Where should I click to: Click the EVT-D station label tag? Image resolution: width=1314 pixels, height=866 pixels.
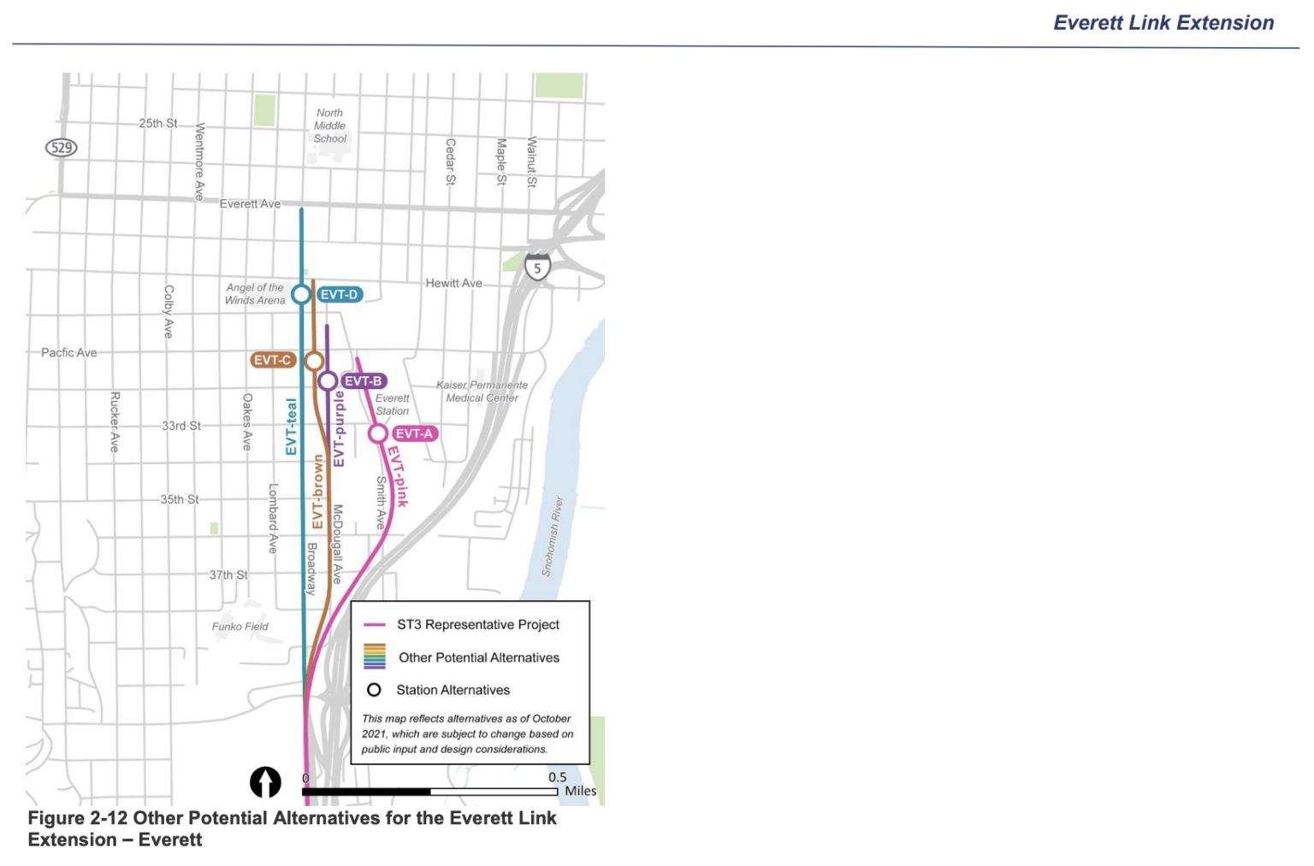(x=340, y=295)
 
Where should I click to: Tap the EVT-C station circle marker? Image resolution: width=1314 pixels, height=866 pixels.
(x=314, y=361)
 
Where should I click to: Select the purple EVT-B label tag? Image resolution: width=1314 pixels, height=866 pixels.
(x=364, y=381)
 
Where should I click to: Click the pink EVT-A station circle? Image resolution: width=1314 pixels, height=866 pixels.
(x=377, y=433)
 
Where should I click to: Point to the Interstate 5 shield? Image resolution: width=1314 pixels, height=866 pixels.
(x=537, y=268)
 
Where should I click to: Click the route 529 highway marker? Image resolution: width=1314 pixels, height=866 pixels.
(x=62, y=148)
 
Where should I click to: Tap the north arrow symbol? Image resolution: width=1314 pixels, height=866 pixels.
(x=265, y=781)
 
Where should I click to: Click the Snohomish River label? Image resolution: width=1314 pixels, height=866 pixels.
(x=553, y=536)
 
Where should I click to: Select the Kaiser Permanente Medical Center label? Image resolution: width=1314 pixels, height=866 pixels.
(x=482, y=392)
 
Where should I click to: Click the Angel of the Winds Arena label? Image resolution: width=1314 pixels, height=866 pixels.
(x=255, y=294)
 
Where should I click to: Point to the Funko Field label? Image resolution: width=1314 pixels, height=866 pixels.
(x=240, y=627)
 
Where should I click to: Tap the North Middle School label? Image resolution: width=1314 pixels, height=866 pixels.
(x=329, y=126)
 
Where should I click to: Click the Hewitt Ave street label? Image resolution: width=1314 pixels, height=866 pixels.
(x=454, y=283)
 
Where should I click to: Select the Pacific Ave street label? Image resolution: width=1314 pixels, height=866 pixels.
(x=69, y=352)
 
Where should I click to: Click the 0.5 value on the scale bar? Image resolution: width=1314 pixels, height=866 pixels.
(x=558, y=777)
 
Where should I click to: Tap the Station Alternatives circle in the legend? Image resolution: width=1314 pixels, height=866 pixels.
(x=374, y=690)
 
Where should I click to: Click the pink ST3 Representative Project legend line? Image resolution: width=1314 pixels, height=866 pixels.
(x=375, y=625)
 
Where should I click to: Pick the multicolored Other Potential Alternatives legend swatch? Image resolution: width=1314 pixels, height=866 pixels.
(x=375, y=657)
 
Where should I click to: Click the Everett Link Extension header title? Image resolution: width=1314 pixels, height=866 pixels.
(x=1163, y=23)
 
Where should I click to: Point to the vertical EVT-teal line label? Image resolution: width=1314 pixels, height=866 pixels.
(x=292, y=427)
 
